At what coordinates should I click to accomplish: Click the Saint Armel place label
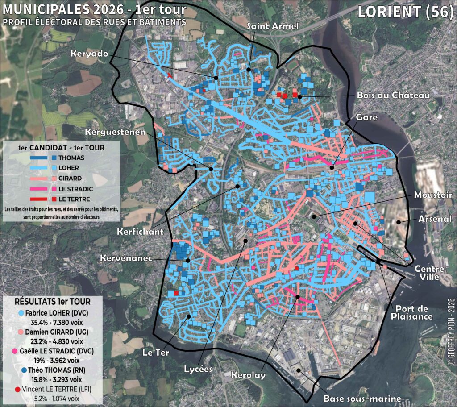pos(273,26)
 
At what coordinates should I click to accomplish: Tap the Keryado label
pos(89,54)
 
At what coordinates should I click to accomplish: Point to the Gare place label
pos(367,117)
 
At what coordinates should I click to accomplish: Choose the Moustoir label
pos(433,195)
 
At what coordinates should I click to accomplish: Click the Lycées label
pos(198,369)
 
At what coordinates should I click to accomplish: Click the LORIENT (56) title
pos(405,12)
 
